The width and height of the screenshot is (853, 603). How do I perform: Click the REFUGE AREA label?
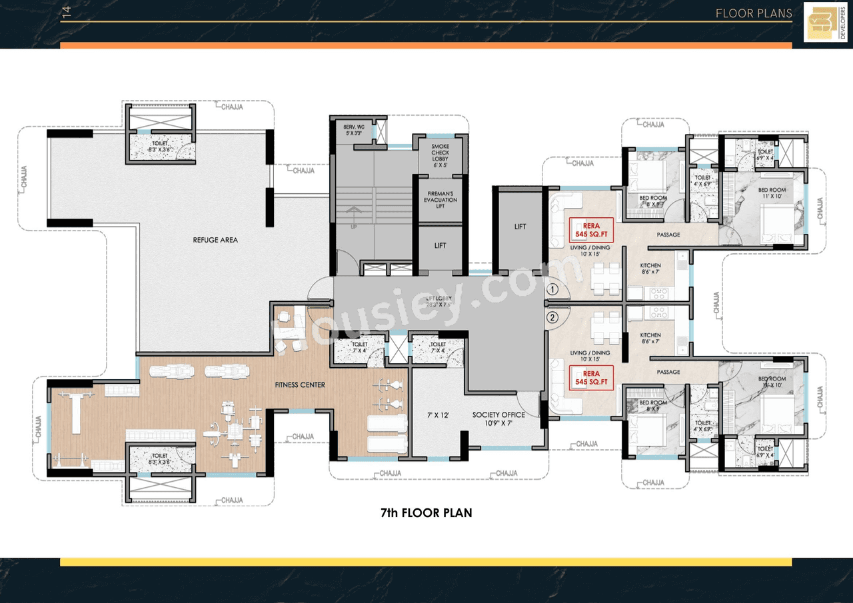215,240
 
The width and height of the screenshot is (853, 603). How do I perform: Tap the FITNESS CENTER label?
300,385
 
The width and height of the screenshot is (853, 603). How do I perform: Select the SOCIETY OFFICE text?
498,415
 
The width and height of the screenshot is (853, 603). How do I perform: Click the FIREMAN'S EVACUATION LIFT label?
440,200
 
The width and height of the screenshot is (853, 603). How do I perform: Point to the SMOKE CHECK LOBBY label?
440,153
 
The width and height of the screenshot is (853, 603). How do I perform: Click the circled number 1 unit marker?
552,290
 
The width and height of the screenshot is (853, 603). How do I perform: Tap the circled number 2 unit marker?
552,317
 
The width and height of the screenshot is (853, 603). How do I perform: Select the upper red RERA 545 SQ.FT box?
590,230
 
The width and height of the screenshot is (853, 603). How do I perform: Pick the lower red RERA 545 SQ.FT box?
590,378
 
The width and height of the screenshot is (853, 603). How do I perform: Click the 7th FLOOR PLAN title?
426,513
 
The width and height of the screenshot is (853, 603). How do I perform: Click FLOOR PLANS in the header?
754,13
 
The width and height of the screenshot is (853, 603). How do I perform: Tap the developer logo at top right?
826,22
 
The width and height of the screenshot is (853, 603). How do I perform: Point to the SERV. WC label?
353,129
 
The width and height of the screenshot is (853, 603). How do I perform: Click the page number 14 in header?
65,13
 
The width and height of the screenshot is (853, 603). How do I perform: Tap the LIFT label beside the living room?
520,227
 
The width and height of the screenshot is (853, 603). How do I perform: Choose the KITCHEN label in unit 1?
650,269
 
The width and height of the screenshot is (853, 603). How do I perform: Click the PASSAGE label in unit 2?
668,372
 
